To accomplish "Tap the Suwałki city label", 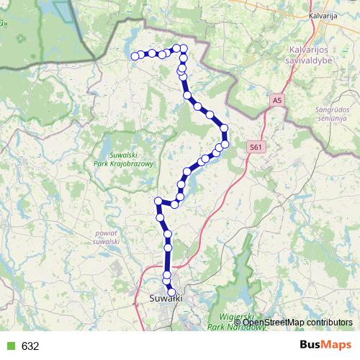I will pyautogui.click(x=164, y=298).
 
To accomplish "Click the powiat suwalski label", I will pyautogui.click(x=106, y=238).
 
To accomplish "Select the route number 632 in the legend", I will pyautogui.click(x=30, y=346).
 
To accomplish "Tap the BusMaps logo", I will pyautogui.click(x=325, y=345).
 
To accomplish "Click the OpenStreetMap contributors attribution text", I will pyautogui.click(x=297, y=322).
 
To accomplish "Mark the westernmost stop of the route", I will pyautogui.click(x=135, y=56).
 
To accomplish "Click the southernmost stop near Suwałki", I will pyautogui.click(x=171, y=292).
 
